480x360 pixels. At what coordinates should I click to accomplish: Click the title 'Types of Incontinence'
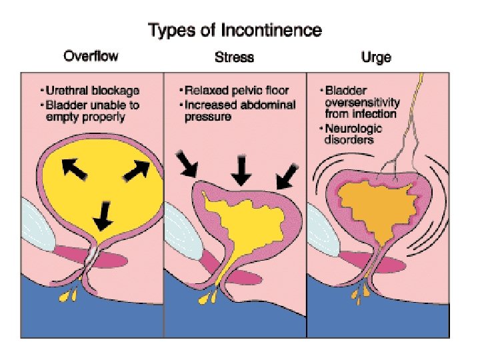[235, 30]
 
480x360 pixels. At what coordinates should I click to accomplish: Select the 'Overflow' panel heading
[91, 57]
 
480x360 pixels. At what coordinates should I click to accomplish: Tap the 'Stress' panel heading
[234, 57]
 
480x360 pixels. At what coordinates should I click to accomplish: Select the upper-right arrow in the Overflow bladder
[137, 171]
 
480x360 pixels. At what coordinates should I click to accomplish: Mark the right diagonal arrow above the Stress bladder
[288, 174]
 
